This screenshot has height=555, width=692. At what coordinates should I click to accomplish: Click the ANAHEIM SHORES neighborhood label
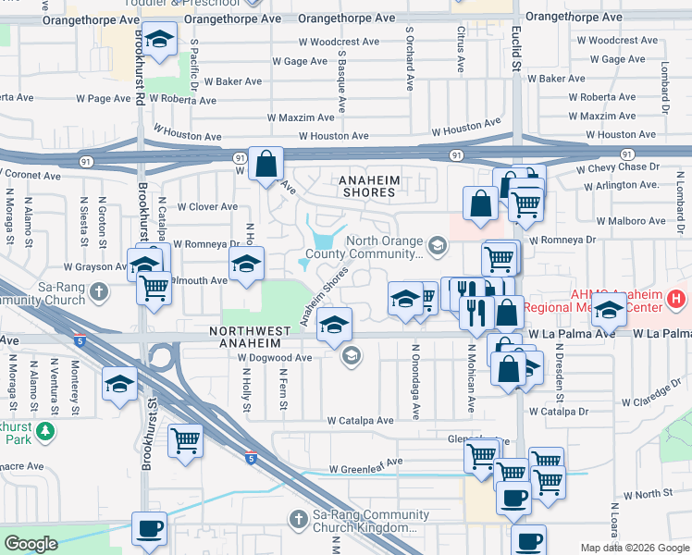pos(366,186)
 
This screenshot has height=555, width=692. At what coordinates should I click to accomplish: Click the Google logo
pos(31,543)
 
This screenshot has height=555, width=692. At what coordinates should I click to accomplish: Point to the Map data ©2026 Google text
pos(634,548)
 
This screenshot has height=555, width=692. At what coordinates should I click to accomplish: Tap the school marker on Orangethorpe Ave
pos(160,40)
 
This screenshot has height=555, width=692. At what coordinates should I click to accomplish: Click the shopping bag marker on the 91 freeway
pos(266,165)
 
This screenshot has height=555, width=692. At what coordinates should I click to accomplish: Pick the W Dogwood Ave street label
pos(275,357)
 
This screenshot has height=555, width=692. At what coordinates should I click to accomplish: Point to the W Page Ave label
pos(104,98)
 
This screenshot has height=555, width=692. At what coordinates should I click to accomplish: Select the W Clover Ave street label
pos(207,207)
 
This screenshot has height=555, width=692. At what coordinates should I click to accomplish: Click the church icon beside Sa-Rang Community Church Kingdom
pos(298,519)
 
